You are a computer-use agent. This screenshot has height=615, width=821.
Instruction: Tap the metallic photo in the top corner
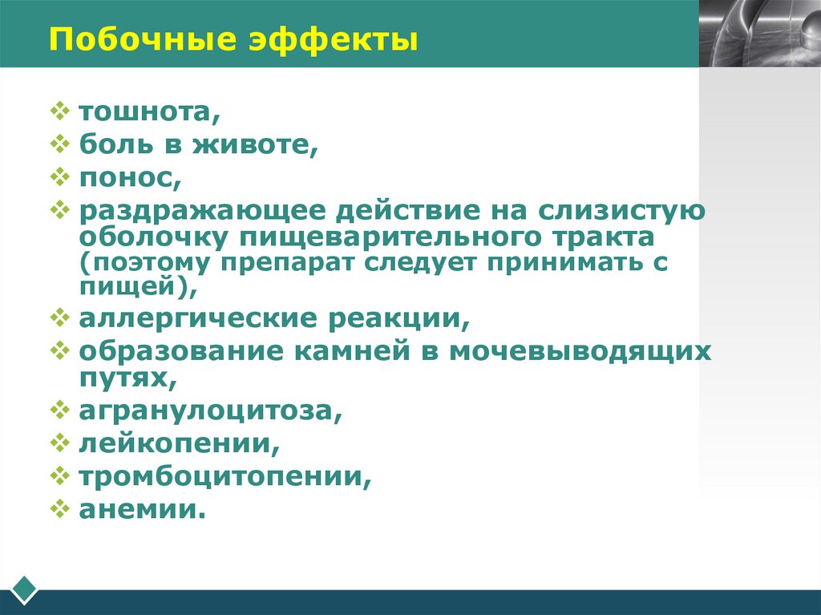(x=759, y=33)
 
